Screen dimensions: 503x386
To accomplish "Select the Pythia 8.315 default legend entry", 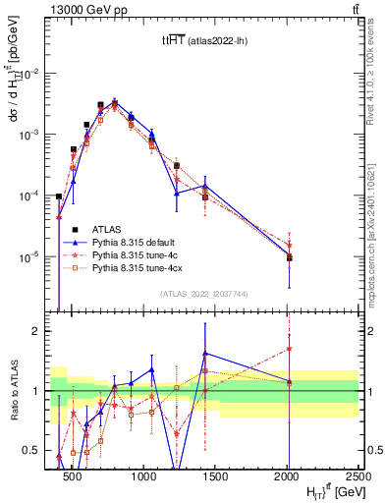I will point(138,241).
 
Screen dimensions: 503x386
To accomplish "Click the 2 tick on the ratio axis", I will point(40,331).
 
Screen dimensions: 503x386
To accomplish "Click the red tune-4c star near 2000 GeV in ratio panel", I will point(289,348).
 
